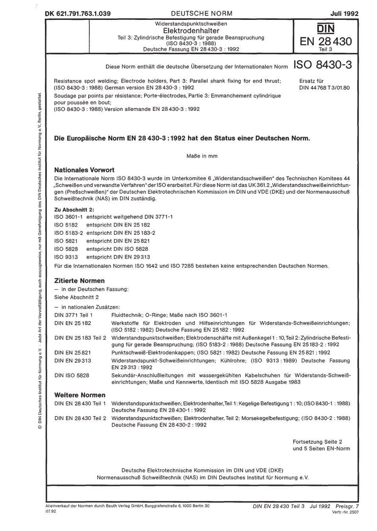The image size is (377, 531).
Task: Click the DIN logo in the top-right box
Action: tap(325, 29)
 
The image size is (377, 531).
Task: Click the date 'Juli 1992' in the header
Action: tap(344, 13)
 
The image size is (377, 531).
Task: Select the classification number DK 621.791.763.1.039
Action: tap(78, 13)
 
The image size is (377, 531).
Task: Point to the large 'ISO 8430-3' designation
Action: tap(322, 66)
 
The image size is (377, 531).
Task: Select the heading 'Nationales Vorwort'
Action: tap(84, 169)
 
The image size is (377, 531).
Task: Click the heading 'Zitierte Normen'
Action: tap(79, 281)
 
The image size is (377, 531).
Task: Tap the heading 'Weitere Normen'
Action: tap(80, 395)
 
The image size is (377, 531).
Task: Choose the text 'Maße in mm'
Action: tap(202, 156)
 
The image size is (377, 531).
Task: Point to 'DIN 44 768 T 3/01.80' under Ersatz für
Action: tap(324, 88)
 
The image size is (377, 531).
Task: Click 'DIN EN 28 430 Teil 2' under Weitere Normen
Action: tap(81, 418)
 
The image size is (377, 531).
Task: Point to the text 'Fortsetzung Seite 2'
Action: tap(317, 442)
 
